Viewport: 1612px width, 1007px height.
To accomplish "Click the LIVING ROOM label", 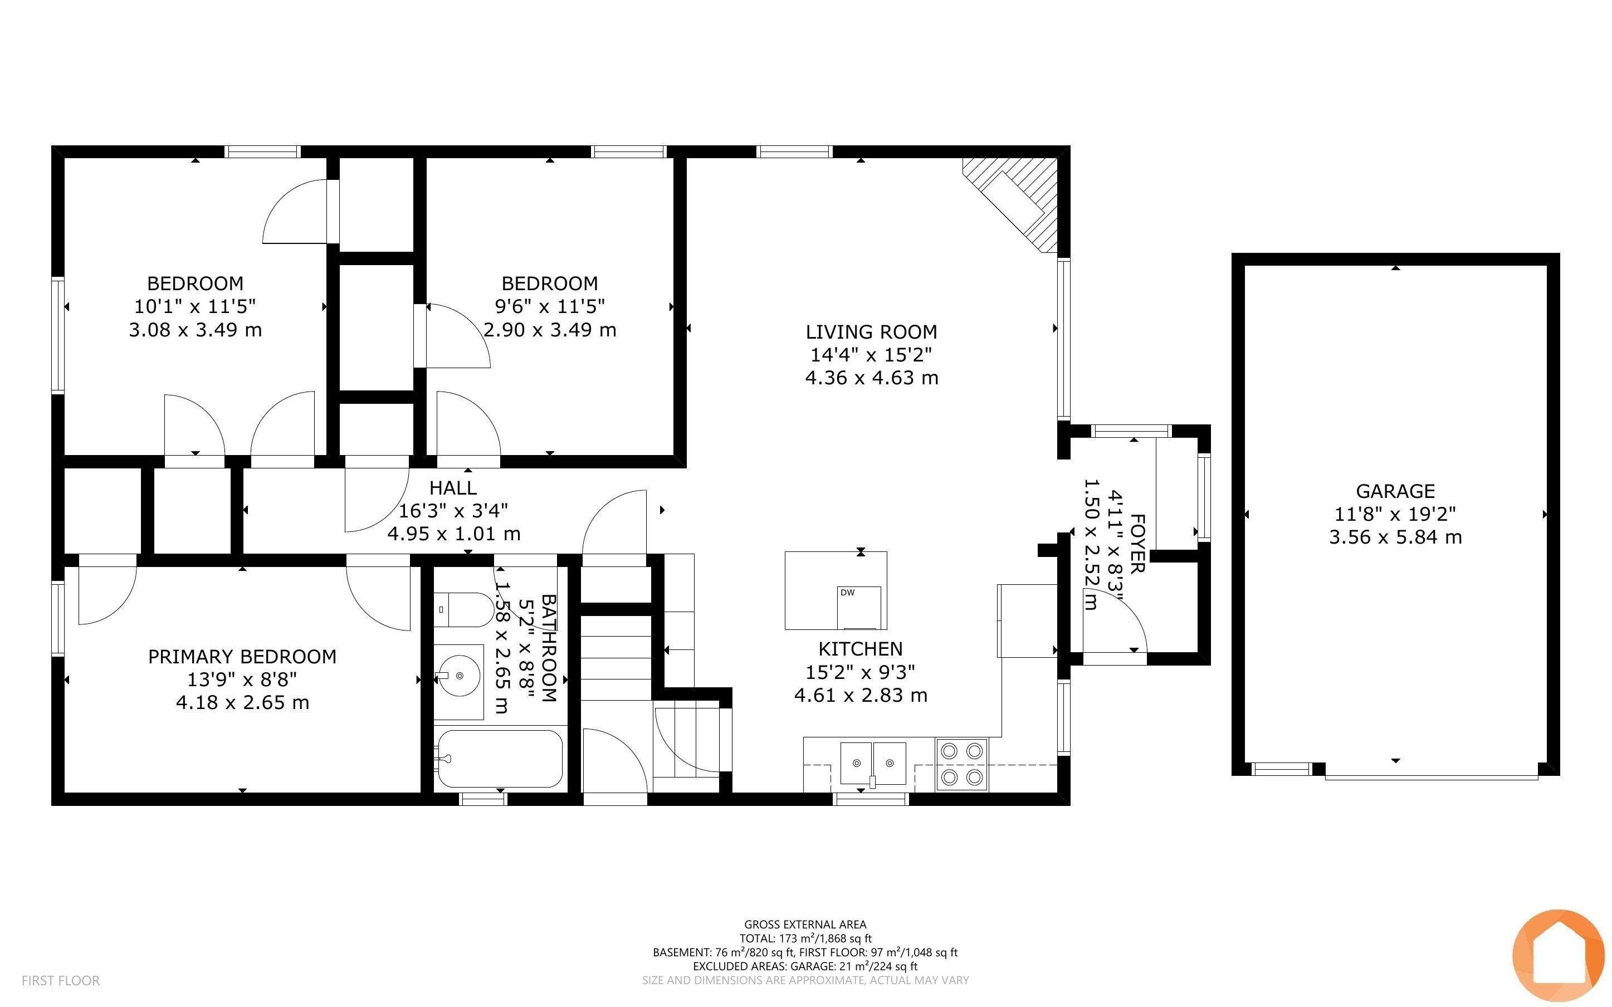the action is click(871, 331).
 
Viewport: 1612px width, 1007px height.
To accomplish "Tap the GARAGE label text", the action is click(1395, 491).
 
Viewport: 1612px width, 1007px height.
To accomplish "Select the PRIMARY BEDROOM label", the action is click(242, 657).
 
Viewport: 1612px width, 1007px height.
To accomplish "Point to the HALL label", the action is click(453, 487).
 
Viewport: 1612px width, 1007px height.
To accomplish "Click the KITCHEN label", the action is click(860, 649).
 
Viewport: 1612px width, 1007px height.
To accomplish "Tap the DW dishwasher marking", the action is click(847, 592).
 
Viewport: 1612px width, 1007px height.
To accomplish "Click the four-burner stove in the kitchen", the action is click(961, 764).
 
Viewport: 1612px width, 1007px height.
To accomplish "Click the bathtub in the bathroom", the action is click(500, 759).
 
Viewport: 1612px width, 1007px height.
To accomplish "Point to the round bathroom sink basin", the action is click(460, 676).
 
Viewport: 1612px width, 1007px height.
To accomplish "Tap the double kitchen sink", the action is click(873, 763).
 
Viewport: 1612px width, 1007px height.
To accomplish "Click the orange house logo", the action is click(1558, 956).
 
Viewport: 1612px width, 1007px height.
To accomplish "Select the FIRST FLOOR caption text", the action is click(61, 980).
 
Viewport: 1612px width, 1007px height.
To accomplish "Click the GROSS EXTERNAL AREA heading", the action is click(805, 925).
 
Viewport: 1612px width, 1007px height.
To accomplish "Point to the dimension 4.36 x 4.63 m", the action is click(872, 378).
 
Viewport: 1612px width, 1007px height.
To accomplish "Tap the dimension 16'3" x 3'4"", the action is click(453, 511).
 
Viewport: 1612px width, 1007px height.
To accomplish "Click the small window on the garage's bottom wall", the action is click(1282, 769).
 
